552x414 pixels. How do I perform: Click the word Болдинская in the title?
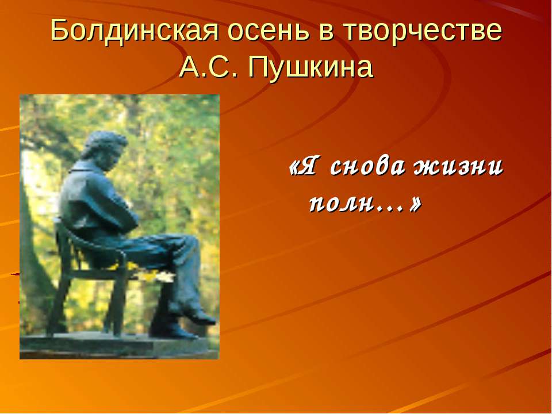click(133, 31)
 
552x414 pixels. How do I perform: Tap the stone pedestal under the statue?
click(115, 345)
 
